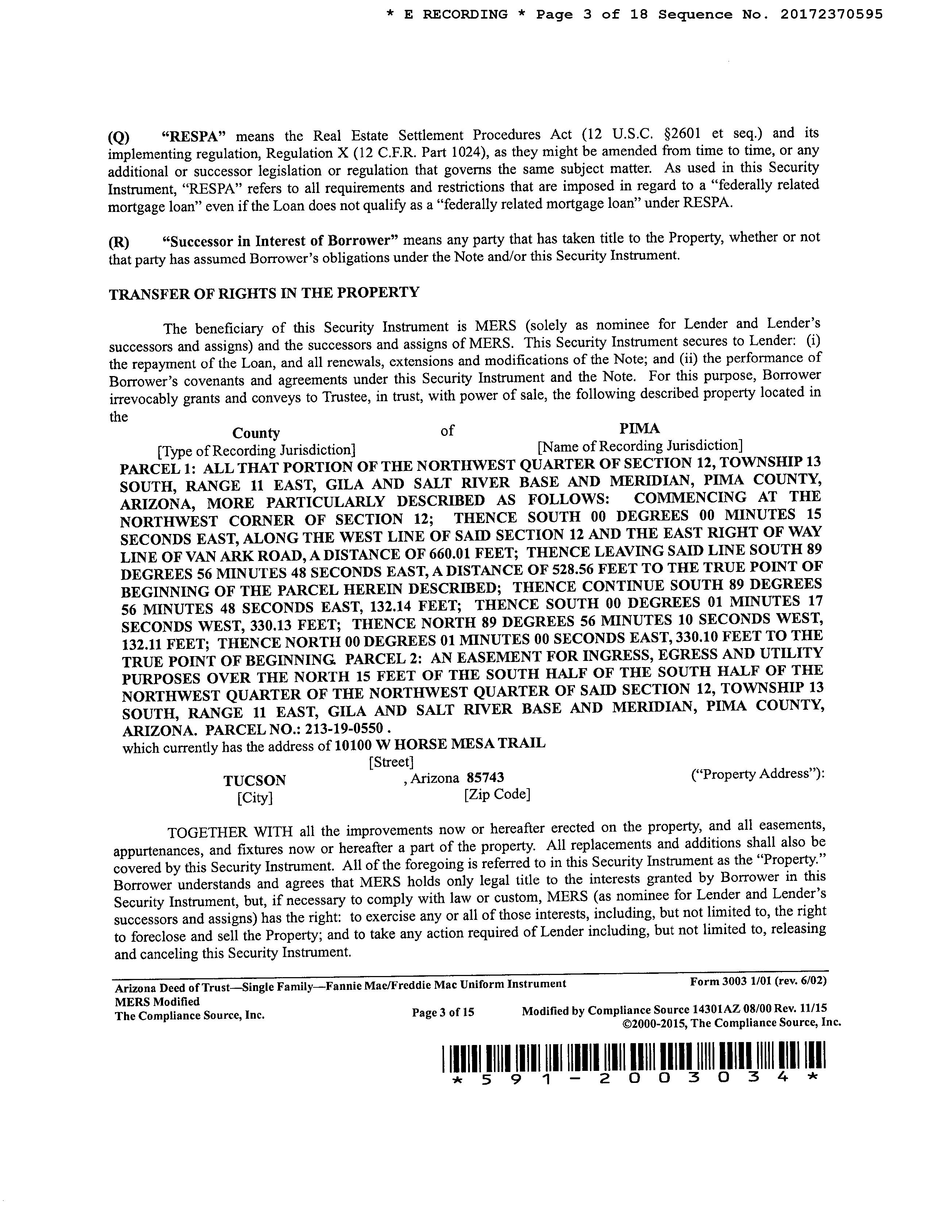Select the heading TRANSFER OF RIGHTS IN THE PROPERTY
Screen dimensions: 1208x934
pos(264,293)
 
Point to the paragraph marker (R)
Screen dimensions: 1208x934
pos(119,242)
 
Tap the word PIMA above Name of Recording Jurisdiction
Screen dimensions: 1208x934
pos(639,429)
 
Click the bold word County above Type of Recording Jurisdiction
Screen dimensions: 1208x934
pos(256,433)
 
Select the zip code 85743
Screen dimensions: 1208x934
pos(485,778)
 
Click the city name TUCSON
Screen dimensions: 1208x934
pos(255,781)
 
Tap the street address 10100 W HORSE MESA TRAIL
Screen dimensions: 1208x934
pos(440,744)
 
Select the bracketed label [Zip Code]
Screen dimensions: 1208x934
pos(497,795)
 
